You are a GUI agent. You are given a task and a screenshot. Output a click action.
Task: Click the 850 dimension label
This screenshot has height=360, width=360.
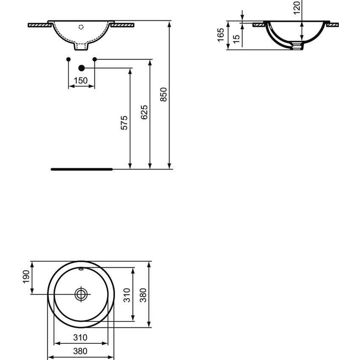[165, 95]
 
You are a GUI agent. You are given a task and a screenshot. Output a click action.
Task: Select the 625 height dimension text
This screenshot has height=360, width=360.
[144, 112]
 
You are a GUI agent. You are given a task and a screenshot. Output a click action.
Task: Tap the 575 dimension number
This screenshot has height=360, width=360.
[124, 122]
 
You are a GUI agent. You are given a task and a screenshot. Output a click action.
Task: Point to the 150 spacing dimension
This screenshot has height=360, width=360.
[81, 80]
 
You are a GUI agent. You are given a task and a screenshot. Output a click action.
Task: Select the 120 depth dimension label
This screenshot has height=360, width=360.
[296, 6]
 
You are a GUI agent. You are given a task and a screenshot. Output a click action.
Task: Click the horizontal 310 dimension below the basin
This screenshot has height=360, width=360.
[80, 338]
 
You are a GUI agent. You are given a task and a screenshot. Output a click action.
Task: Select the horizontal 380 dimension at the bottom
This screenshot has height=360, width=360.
[80, 351]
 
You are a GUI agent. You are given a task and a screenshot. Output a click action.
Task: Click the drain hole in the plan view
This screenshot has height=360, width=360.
[81, 294]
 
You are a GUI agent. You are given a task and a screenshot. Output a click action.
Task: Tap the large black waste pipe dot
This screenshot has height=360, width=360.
[82, 68]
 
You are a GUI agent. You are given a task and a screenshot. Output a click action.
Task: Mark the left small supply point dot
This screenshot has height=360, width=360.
[68, 59]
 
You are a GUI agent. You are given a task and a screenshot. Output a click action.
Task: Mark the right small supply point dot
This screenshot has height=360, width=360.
[94, 59]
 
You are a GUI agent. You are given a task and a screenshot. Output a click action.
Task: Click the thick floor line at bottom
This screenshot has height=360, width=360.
[82, 169]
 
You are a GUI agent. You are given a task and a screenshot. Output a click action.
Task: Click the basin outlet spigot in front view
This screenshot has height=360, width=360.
[81, 45]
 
